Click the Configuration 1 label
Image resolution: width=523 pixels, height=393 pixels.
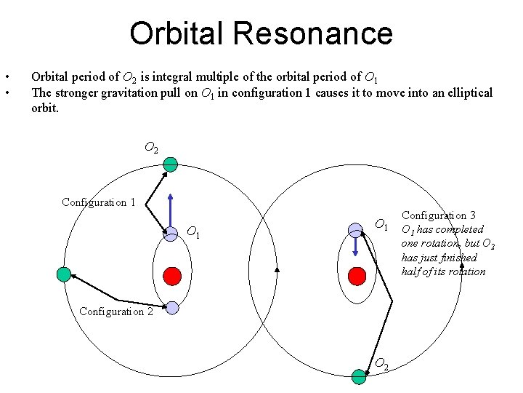tap(98, 202)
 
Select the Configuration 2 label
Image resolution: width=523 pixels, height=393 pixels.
tap(116, 311)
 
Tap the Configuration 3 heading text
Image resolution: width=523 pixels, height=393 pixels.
tap(439, 215)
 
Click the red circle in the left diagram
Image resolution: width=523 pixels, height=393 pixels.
tap(171, 276)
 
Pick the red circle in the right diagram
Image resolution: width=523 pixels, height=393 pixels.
tap(357, 276)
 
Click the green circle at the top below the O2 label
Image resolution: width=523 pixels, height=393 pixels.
tap(170, 164)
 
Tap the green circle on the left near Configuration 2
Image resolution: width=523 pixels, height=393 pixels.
tap(63, 274)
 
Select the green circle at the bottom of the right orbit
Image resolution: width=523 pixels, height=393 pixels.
tap(359, 376)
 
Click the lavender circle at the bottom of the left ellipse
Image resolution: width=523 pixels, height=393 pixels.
tap(171, 308)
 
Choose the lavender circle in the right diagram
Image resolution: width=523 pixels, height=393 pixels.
tap(355, 230)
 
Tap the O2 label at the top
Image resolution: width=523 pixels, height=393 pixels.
tap(151, 148)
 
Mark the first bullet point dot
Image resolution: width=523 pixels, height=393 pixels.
tap(7, 77)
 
